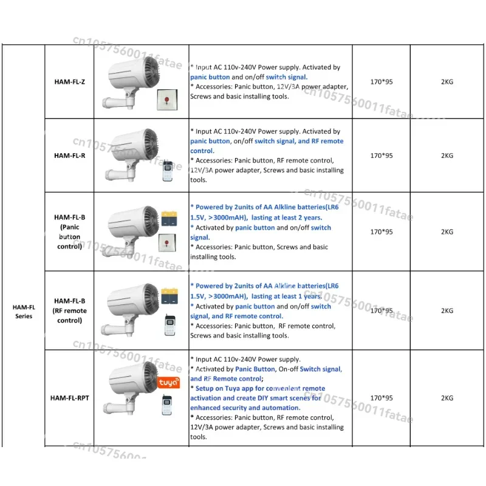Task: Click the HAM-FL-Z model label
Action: pyautogui.click(x=69, y=82)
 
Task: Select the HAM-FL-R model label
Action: pyautogui.click(x=69, y=155)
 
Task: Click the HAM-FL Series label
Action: pyautogui.click(x=24, y=311)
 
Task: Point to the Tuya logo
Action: pyautogui.click(x=168, y=383)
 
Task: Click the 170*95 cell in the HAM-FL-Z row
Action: pyautogui.click(x=382, y=82)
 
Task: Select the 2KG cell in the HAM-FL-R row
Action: pyautogui.click(x=447, y=156)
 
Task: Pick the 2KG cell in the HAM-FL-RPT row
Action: pyautogui.click(x=447, y=399)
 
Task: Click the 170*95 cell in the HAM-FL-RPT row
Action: pyautogui.click(x=382, y=399)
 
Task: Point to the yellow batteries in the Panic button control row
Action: pyautogui.click(x=168, y=216)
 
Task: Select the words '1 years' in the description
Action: pyautogui.click(x=310, y=296)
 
